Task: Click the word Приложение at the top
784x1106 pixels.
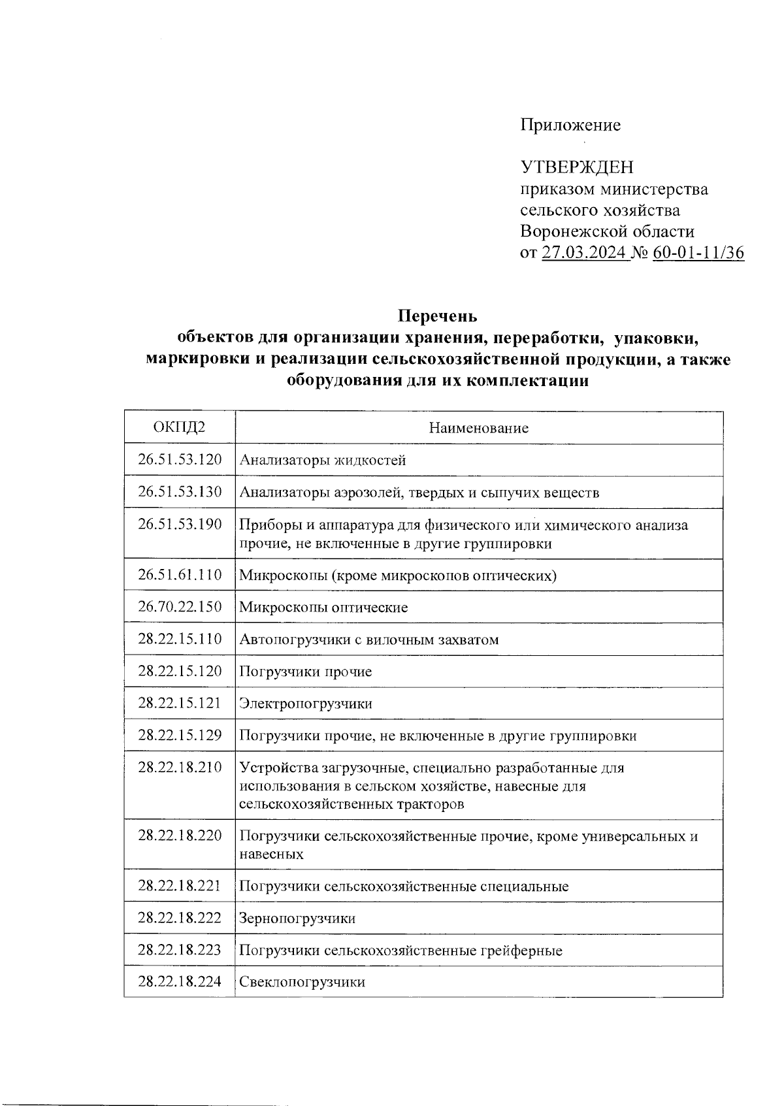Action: [570, 125]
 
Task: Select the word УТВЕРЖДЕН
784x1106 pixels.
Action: [577, 167]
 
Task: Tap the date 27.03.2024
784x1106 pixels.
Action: [584, 253]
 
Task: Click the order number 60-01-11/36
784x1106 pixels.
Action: [698, 253]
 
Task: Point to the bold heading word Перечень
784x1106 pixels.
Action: [438, 316]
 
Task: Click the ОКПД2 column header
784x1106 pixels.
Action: [179, 428]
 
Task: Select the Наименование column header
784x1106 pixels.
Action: [478, 428]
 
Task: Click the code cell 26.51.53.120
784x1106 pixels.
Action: [180, 459]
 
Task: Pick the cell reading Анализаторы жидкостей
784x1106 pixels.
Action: [323, 460]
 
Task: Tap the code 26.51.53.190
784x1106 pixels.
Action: [180, 524]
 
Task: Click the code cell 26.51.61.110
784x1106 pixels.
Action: [180, 575]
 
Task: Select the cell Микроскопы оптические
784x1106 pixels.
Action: [323, 608]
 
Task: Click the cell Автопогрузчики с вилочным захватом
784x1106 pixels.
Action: [368, 640]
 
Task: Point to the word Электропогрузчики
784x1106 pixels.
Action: [306, 704]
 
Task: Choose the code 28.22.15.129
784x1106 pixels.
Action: [180, 736]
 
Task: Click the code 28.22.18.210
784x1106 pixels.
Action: [180, 767]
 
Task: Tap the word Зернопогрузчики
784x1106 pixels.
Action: [297, 919]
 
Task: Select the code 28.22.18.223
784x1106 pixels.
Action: [180, 950]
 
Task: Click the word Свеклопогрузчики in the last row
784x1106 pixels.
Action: [302, 982]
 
